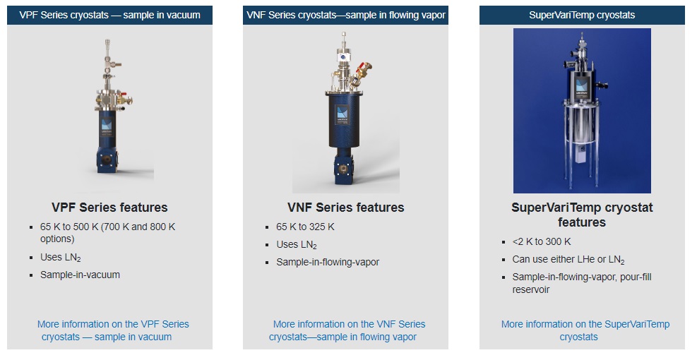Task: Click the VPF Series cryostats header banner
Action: click(109, 15)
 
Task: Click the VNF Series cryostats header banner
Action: click(345, 15)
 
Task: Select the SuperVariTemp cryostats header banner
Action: click(582, 15)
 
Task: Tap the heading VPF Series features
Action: click(109, 208)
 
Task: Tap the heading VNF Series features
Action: click(346, 208)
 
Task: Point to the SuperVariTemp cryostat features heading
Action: click(582, 215)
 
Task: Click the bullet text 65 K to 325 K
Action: click(305, 227)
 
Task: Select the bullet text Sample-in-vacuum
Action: click(80, 275)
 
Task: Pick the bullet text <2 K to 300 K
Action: click(542, 241)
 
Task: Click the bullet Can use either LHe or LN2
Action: click(568, 260)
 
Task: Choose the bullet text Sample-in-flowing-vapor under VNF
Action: click(328, 262)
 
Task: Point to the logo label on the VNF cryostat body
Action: click(342, 114)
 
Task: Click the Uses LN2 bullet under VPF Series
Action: click(61, 258)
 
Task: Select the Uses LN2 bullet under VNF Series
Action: click(297, 244)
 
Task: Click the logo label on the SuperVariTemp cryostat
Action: click(581, 88)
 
